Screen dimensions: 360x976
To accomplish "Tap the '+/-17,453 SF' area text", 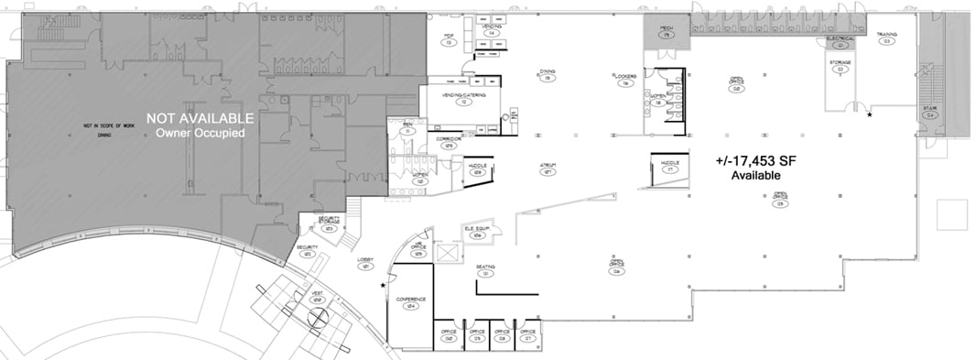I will click(755, 160).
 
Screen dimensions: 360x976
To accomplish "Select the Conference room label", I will click(411, 300).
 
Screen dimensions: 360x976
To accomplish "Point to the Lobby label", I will click(364, 260).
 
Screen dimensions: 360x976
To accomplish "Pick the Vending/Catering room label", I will click(465, 95).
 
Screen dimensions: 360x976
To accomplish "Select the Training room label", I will click(885, 35).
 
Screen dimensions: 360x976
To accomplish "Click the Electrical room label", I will click(840, 38).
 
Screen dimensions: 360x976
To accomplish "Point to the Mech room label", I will click(667, 28).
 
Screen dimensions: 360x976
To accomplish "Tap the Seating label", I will click(485, 267).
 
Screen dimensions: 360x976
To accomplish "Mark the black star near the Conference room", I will click(383, 286).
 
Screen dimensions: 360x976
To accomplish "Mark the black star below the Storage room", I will click(869, 115).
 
